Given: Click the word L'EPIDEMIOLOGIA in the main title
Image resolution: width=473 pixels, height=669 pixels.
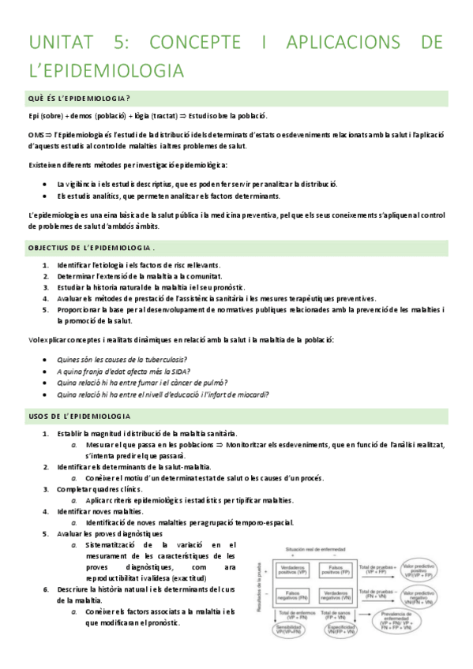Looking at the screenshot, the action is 106,71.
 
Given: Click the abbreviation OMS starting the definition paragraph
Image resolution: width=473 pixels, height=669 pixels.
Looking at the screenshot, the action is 36,135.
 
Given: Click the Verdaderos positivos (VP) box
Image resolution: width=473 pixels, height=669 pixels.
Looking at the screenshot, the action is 293,570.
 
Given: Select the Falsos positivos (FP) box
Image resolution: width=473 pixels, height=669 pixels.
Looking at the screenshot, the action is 336,570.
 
